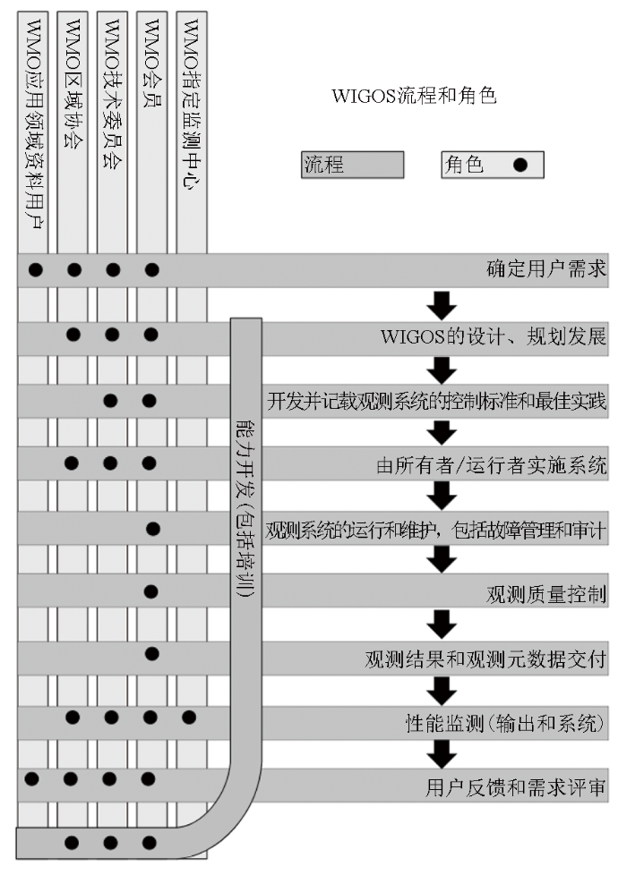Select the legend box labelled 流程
pos(352,165)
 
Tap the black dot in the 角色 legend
pos(519,165)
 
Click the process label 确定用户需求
pos(546,268)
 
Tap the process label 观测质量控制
pos(546,594)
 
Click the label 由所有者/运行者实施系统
pos(492,465)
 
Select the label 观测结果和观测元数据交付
pos(486,660)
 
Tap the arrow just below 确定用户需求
pos(442,304)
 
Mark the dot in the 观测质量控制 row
pos(150,591)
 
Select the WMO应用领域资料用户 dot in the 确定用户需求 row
pos(35,268)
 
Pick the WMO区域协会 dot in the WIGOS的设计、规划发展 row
pos(73,335)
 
